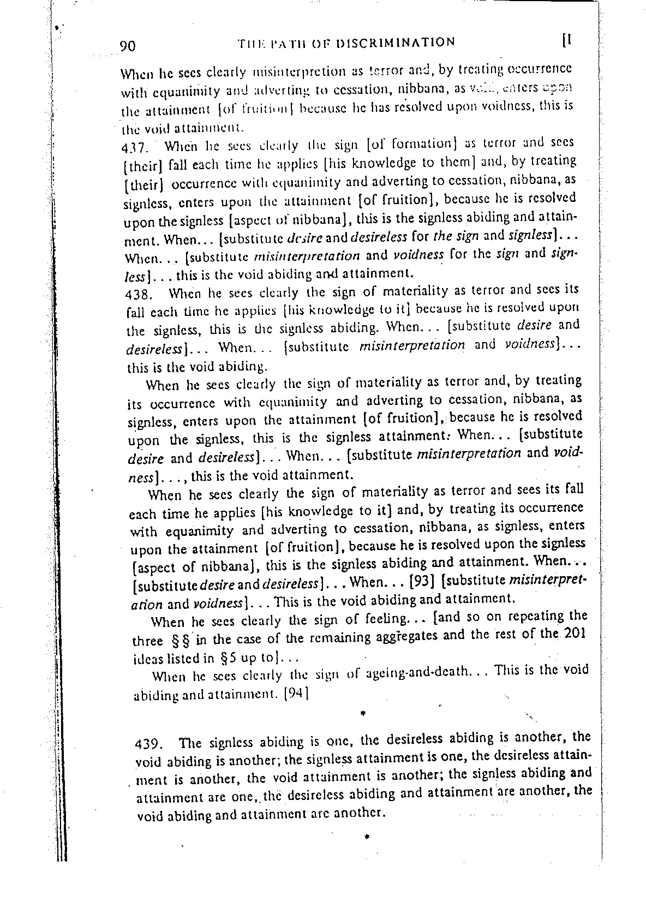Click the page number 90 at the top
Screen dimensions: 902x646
[131, 46]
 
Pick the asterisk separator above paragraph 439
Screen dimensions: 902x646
[362, 713]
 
